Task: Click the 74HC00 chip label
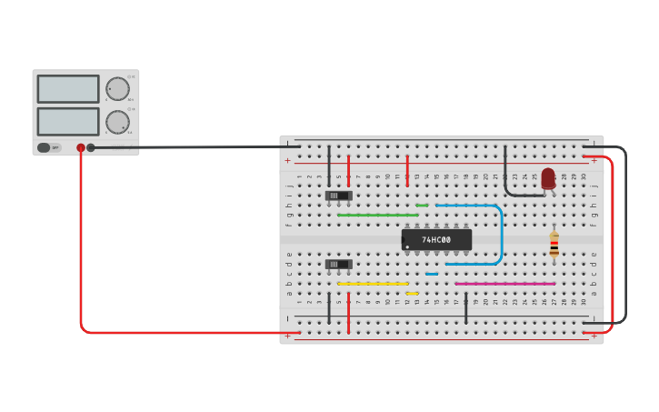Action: [436, 239]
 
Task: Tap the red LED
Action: [548, 178]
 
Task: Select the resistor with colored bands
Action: [554, 244]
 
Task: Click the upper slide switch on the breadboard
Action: [338, 196]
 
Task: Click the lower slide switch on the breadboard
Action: [338, 265]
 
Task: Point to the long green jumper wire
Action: [377, 215]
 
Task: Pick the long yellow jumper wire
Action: [373, 284]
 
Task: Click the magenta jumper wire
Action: [504, 284]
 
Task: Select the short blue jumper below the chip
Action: [432, 274]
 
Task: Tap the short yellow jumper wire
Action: [413, 294]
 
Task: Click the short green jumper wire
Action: [422, 206]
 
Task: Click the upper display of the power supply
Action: [68, 89]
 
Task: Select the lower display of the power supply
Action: [68, 121]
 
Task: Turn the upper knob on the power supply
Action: [117, 89]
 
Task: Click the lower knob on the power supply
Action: [117, 122]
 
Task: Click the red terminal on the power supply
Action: [81, 147]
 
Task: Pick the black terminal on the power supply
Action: [91, 147]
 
